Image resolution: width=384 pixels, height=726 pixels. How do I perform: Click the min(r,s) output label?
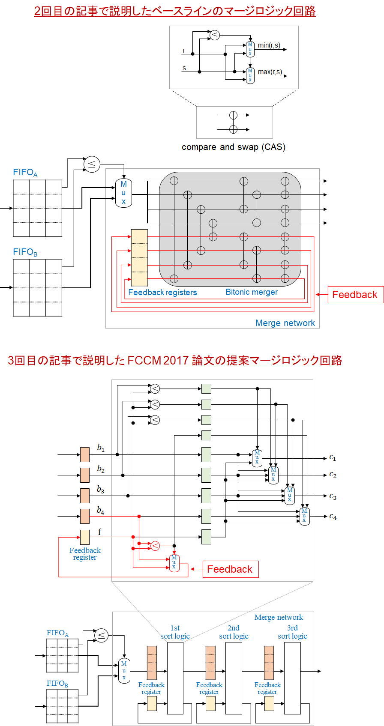[269, 45]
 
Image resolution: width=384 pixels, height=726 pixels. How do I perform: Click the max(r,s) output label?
[270, 72]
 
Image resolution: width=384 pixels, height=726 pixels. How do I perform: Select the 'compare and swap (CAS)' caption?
[234, 147]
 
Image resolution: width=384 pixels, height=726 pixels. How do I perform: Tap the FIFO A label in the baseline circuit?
[25, 173]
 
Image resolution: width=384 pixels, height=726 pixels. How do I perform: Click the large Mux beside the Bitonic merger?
[123, 193]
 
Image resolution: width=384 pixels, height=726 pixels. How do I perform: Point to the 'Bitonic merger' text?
[252, 292]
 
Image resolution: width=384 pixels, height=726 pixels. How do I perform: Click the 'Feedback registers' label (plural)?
[162, 293]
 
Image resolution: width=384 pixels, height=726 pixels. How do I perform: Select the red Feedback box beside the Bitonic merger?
[355, 295]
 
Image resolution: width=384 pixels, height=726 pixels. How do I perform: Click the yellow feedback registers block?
[139, 257]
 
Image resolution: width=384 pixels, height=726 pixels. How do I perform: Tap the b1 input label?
[101, 448]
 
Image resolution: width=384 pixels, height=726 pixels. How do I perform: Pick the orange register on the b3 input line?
[85, 496]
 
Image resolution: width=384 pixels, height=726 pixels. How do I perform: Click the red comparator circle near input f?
[155, 546]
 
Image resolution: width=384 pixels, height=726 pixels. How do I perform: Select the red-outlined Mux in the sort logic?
[174, 562]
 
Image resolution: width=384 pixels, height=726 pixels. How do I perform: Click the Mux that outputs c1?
[257, 458]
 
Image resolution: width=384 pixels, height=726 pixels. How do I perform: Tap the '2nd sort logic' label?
[234, 632]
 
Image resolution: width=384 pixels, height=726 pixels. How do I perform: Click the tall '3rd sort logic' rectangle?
[292, 678]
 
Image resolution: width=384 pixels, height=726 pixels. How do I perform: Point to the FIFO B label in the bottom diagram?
[57, 684]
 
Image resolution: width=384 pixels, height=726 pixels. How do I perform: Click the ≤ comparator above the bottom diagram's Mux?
[102, 635]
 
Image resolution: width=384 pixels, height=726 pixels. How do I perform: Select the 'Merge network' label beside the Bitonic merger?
[285, 323]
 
